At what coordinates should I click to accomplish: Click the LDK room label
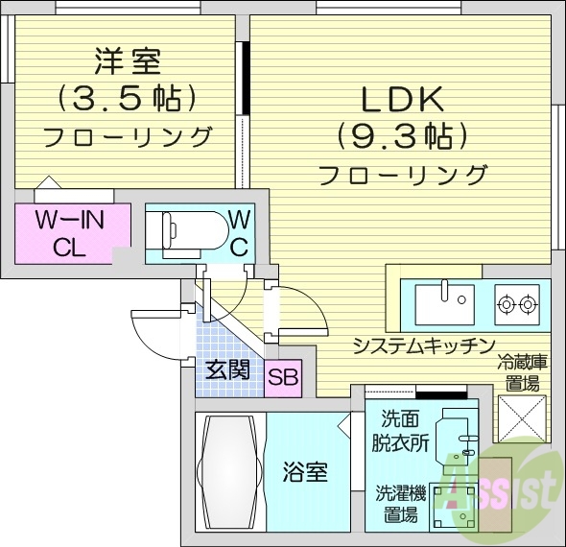pyautogui.click(x=400, y=99)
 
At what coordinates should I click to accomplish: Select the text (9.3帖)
pyautogui.click(x=401, y=136)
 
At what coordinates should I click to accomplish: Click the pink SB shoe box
pyautogui.click(x=283, y=375)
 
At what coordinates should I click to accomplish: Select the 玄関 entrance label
pyautogui.click(x=227, y=369)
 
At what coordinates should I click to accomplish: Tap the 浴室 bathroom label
pyautogui.click(x=306, y=472)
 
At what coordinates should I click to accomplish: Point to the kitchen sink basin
pyautogui.click(x=445, y=305)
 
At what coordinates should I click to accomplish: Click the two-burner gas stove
pyautogui.click(x=518, y=305)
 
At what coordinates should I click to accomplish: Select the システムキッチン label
pyautogui.click(x=422, y=345)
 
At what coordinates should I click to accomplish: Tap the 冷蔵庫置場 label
pyautogui.click(x=523, y=372)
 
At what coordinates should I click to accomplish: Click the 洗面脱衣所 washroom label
pyautogui.click(x=395, y=431)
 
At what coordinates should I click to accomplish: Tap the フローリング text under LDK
pyautogui.click(x=401, y=175)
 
